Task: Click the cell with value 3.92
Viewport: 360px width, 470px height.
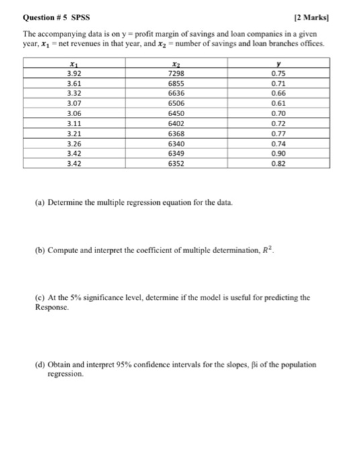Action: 73,72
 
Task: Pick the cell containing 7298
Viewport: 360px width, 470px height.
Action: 178,72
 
